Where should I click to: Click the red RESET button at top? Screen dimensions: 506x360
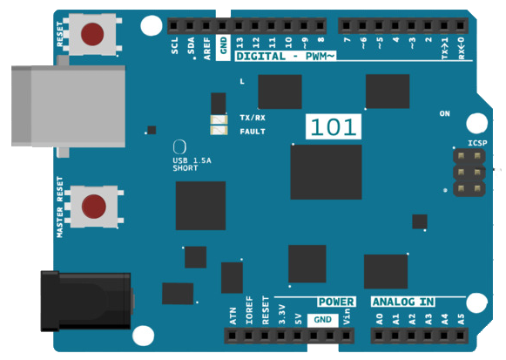click(92, 34)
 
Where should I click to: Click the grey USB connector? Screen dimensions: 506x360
click(69, 106)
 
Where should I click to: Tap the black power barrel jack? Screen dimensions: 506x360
click(86, 302)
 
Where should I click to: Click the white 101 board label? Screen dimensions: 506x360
click(334, 126)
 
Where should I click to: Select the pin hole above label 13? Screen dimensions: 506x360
click(239, 25)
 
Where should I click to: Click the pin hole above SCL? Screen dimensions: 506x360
click(173, 25)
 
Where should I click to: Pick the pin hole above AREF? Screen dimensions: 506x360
click(206, 25)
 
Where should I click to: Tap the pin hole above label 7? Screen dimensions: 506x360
click(347, 25)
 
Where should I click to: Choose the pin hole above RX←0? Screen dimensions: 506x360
click(461, 25)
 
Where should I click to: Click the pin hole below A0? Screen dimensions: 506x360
click(379, 336)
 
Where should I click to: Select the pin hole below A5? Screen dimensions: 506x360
click(461, 336)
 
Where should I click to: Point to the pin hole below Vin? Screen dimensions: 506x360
click(347, 336)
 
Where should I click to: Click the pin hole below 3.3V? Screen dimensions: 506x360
click(281, 336)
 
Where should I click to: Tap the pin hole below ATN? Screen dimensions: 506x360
click(232, 336)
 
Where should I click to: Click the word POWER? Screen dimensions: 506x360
click(336, 302)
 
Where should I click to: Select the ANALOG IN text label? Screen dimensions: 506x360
click(403, 302)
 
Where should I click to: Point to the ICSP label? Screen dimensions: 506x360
click(477, 143)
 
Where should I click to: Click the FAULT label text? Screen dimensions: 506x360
click(253, 132)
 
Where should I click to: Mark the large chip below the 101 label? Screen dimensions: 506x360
click(326, 172)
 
